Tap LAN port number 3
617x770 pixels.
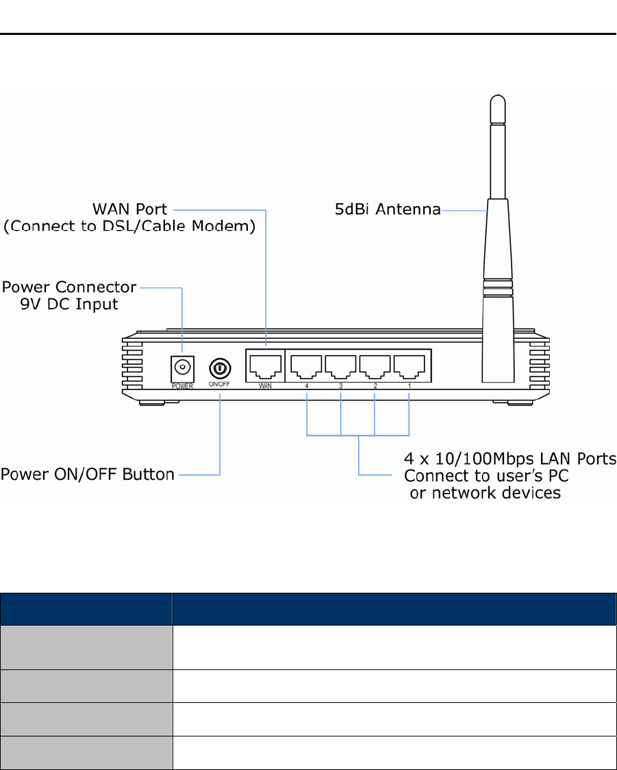click(341, 368)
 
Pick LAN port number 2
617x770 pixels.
click(375, 368)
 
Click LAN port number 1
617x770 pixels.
click(409, 368)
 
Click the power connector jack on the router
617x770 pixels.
click(181, 368)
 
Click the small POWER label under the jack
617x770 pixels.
click(181, 386)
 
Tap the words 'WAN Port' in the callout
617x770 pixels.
click(131, 207)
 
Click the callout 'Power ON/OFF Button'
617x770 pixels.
click(88, 474)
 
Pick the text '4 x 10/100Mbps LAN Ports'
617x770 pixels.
click(510, 459)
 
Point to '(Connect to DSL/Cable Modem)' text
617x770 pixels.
click(130, 227)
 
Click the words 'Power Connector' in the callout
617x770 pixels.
click(69, 286)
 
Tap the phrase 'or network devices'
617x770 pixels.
click(485, 493)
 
